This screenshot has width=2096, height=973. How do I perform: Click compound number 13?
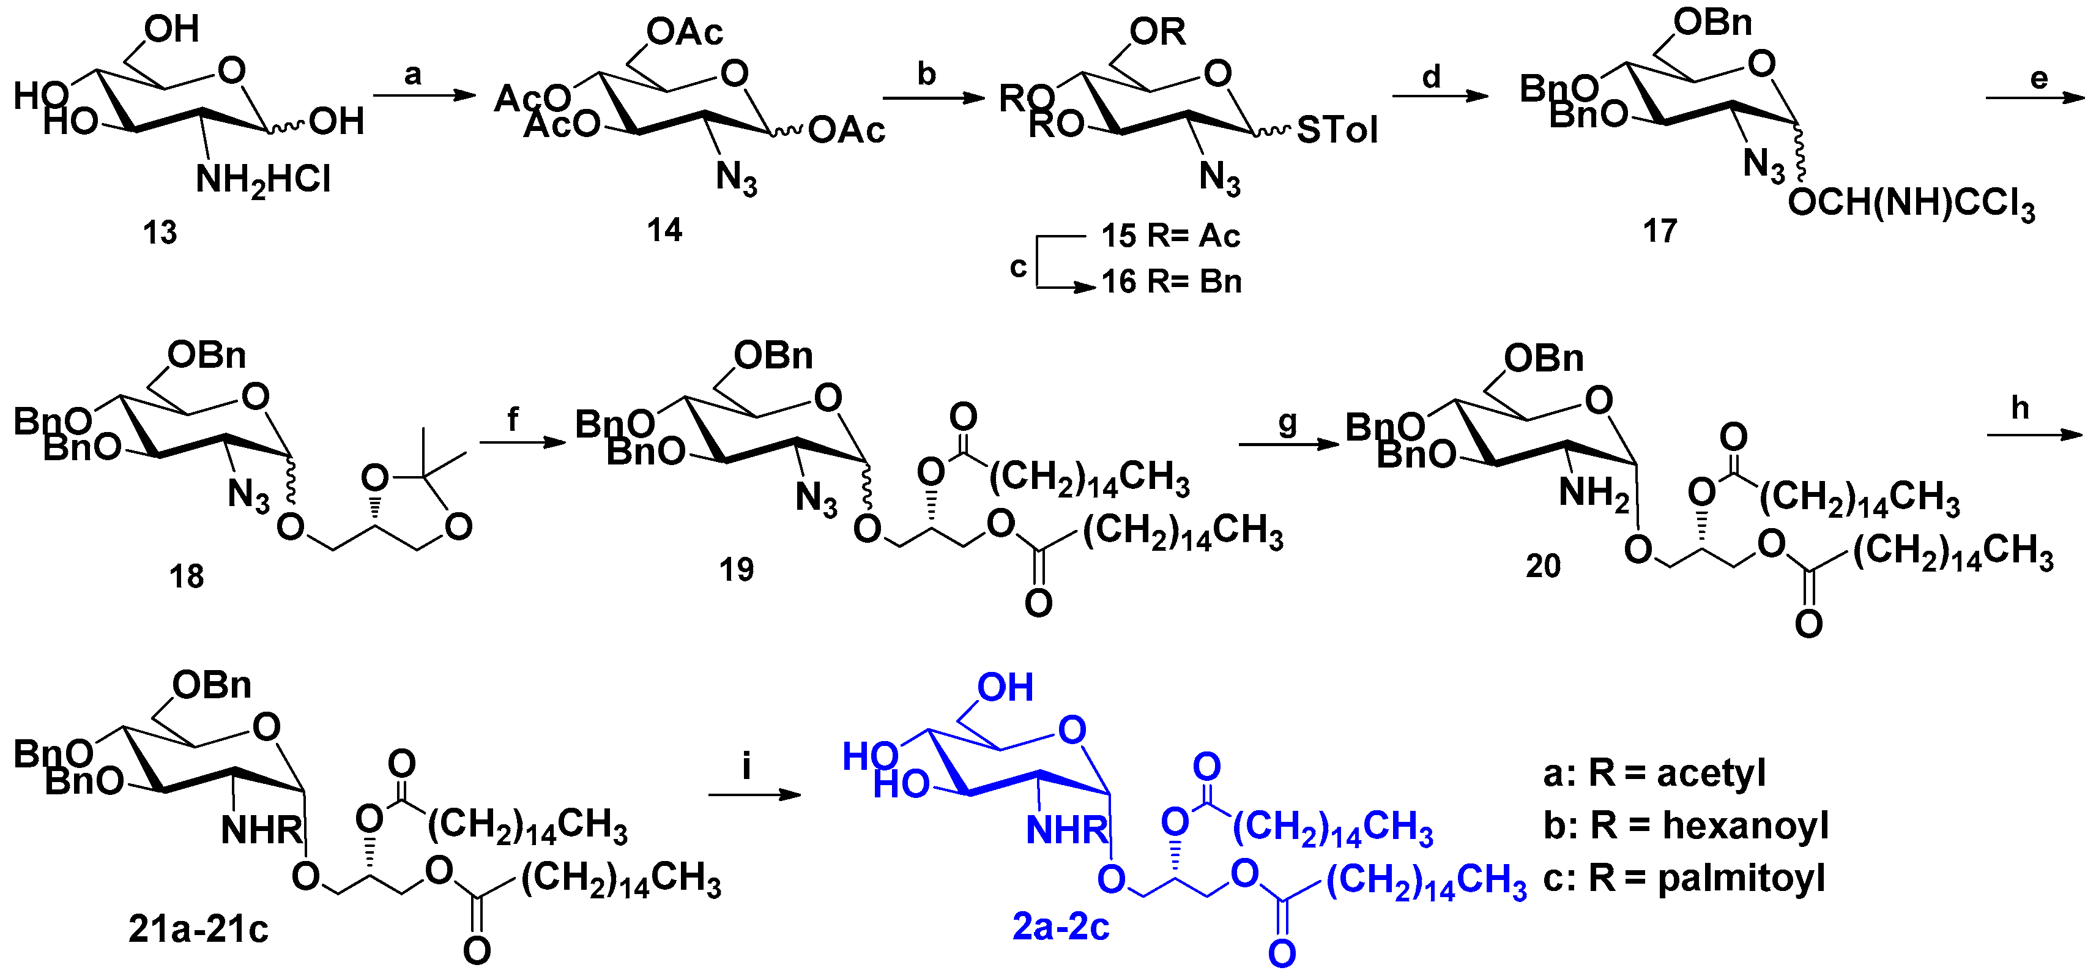pyautogui.click(x=160, y=233)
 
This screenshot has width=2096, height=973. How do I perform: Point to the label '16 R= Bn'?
pyautogui.click(x=1172, y=281)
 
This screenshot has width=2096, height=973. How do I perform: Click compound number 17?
pyautogui.click(x=1660, y=232)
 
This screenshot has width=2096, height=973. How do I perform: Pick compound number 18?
pyautogui.click(x=187, y=577)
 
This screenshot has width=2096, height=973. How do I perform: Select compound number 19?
pyautogui.click(x=737, y=570)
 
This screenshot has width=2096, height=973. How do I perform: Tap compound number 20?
pyautogui.click(x=1543, y=566)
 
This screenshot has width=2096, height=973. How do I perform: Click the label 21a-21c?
pyautogui.click(x=199, y=929)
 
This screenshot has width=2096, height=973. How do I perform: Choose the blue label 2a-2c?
pyautogui.click(x=1061, y=926)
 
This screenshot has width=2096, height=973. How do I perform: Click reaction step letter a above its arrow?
pyautogui.click(x=414, y=75)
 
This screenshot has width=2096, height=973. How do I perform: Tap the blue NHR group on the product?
pyautogui.click(x=1067, y=830)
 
